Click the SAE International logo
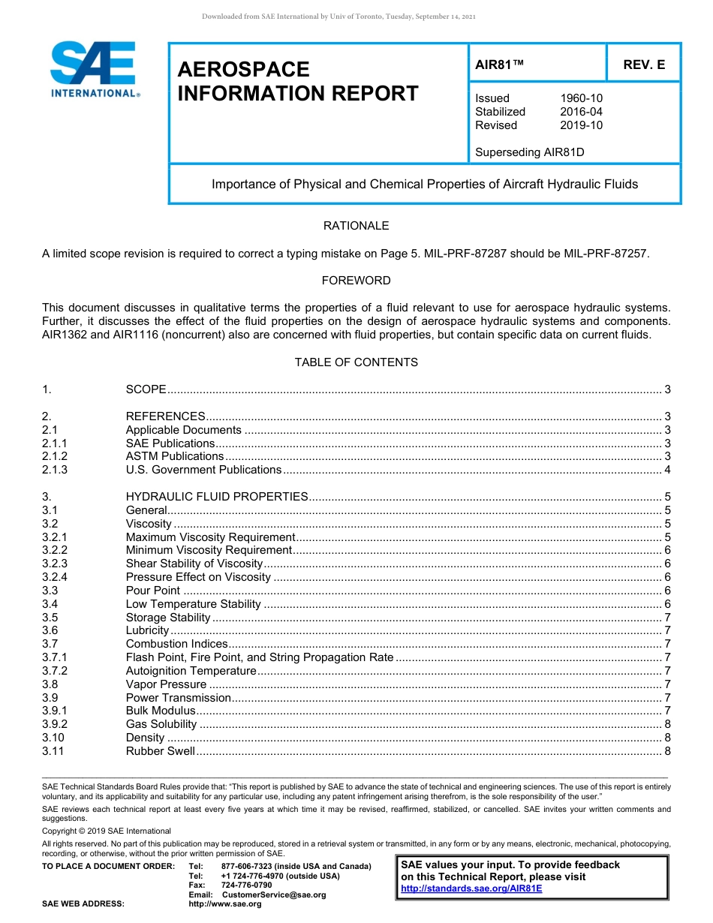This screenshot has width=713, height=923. point(95,69)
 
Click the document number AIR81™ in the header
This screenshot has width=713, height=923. point(499,65)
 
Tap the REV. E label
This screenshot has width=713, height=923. point(643,65)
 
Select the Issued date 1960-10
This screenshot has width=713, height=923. point(581,98)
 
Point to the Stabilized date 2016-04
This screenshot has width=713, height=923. point(581,112)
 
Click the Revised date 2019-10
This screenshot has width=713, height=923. point(581,125)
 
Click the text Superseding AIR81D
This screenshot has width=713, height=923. point(529,152)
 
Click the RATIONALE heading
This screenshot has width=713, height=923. point(356,226)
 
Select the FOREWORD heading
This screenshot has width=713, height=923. point(356,281)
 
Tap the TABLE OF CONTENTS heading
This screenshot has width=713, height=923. point(356,362)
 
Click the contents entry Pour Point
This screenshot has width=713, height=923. point(152,591)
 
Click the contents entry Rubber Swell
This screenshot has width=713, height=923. point(160,751)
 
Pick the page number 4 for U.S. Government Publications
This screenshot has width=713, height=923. point(667,470)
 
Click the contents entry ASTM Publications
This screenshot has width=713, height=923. point(174,456)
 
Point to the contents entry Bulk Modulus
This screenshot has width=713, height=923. point(161,711)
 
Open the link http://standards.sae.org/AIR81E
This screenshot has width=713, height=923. point(471,888)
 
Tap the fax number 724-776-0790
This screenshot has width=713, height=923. point(246,885)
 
